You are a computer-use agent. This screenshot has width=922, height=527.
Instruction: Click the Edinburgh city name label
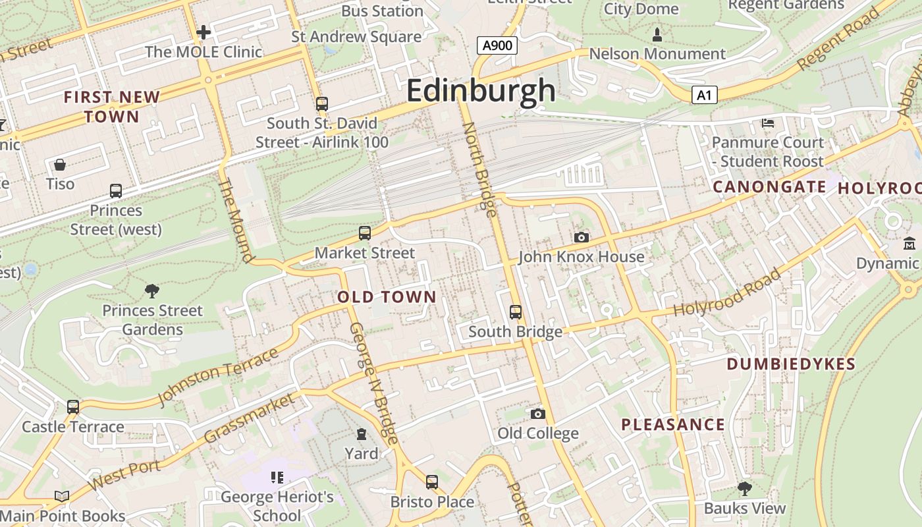click(x=481, y=90)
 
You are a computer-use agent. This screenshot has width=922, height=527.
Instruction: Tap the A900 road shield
click(x=497, y=45)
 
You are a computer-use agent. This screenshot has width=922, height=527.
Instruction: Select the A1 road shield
click(x=704, y=96)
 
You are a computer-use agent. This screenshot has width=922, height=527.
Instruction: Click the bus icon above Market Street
click(x=364, y=233)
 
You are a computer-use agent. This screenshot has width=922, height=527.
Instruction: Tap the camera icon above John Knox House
click(x=581, y=237)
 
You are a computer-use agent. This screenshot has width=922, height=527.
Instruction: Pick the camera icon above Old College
click(x=538, y=414)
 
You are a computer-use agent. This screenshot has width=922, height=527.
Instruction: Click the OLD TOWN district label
click(x=387, y=297)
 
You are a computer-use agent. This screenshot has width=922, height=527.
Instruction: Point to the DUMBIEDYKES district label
click(x=791, y=364)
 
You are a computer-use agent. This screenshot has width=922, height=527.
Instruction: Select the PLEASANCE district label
click(x=673, y=425)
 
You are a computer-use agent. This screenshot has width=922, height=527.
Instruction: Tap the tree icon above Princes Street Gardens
click(x=152, y=290)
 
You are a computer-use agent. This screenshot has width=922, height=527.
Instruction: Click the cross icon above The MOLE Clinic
click(x=203, y=32)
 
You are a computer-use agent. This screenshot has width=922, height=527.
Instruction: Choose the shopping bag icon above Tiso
click(x=60, y=164)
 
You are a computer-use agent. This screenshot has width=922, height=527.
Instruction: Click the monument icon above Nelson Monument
click(x=657, y=34)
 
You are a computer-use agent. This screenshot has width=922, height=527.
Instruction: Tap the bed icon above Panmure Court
click(x=767, y=123)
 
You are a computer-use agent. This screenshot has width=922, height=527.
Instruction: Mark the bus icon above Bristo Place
click(x=431, y=482)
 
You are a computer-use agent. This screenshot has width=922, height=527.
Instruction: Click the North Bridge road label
click(x=479, y=168)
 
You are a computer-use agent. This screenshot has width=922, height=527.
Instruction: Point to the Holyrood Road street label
click(x=728, y=292)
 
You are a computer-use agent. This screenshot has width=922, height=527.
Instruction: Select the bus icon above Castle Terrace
click(x=72, y=407)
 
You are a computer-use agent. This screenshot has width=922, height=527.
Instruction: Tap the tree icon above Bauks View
click(x=744, y=488)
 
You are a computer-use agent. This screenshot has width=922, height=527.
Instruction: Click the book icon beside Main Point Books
click(x=62, y=497)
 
